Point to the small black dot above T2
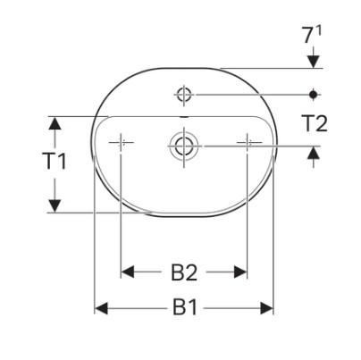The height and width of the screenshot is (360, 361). [x=314, y=92]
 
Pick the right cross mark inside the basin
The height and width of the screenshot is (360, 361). [x=248, y=142]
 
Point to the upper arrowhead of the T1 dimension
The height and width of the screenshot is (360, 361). [x=55, y=121]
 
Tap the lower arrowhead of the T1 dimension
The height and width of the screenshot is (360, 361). [x=55, y=206]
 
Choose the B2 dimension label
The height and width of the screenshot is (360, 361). [x=184, y=271]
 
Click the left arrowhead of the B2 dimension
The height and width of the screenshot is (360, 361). [x=127, y=271]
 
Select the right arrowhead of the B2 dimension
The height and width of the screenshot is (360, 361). [x=241, y=271]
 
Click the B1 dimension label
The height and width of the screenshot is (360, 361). [x=184, y=308]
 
